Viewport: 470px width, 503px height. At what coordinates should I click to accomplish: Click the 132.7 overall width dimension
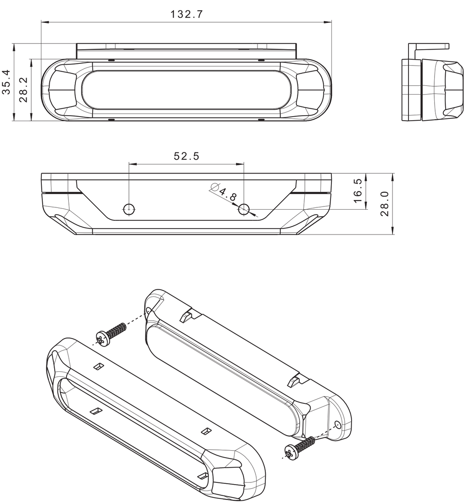point(186,14)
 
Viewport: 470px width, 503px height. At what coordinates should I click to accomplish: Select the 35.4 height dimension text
point(6,82)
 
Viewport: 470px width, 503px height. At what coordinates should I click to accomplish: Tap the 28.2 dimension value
point(23,90)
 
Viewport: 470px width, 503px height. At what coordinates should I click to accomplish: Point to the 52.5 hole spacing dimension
point(186,156)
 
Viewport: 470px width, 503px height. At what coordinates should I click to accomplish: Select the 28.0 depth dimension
point(385,204)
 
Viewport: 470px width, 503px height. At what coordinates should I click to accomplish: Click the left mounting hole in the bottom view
point(129,209)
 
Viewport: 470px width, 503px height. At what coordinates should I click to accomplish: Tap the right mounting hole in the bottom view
point(244,209)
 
